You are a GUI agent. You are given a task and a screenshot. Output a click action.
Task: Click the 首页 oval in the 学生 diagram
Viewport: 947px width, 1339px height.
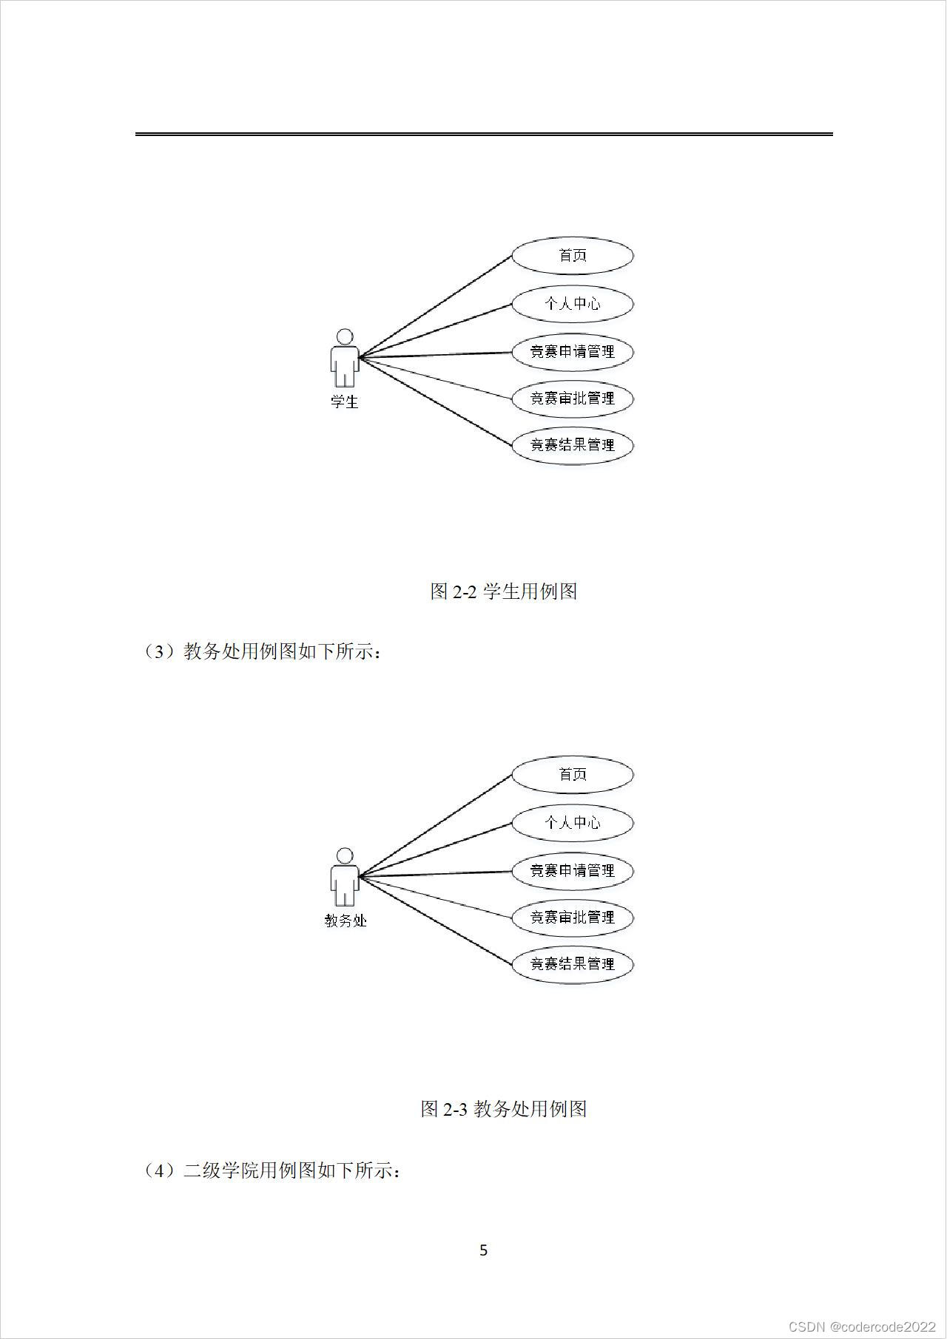pyautogui.click(x=573, y=256)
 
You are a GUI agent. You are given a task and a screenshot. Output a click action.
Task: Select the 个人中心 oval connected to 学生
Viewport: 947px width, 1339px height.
pyautogui.click(x=573, y=304)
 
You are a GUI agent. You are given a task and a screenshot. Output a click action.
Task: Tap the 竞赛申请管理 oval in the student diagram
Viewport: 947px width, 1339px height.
pyautogui.click(x=573, y=352)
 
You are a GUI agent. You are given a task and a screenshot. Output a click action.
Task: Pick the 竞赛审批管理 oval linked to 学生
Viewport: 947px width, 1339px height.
pyautogui.click(x=573, y=399)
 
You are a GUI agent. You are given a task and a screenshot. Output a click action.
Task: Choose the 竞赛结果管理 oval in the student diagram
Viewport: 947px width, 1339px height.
pyautogui.click(x=573, y=445)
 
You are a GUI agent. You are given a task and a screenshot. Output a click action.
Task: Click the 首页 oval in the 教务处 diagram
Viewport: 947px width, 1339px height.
pyautogui.click(x=573, y=775)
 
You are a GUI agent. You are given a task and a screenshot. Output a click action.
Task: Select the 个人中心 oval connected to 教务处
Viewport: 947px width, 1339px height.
pyautogui.click(x=573, y=823)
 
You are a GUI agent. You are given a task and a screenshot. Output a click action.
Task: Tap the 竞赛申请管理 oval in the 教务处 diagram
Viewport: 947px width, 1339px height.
pyautogui.click(x=573, y=871)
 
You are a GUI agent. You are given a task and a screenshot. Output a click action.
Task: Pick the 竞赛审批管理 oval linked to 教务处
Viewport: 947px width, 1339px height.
pyautogui.click(x=573, y=918)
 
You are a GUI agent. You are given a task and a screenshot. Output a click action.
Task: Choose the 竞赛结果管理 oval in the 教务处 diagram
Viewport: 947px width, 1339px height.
pyautogui.click(x=573, y=964)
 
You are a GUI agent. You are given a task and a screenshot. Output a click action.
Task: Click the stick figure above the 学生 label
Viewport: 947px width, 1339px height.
pyautogui.click(x=344, y=358)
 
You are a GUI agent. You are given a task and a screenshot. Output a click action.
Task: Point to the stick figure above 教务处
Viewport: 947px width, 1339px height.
pyautogui.click(x=344, y=877)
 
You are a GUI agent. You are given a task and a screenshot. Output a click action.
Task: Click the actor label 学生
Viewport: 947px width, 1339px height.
pyautogui.click(x=344, y=402)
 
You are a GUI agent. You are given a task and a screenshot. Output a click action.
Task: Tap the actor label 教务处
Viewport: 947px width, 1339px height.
pyautogui.click(x=346, y=921)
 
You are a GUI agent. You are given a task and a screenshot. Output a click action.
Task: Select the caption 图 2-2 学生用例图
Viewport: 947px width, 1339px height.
pyautogui.click(x=504, y=591)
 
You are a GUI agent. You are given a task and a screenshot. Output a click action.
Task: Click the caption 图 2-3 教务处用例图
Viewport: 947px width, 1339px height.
pyautogui.click(x=504, y=1109)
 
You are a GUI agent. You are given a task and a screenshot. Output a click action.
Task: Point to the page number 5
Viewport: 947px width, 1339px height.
pyautogui.click(x=484, y=1250)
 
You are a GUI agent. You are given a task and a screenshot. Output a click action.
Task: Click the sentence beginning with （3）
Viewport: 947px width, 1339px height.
pyautogui.click(x=263, y=652)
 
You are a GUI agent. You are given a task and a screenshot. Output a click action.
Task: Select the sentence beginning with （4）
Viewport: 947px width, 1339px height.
pyautogui.click(x=273, y=1171)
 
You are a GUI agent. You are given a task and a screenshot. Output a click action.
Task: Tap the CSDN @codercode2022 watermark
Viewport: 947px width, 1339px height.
pyautogui.click(x=862, y=1327)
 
